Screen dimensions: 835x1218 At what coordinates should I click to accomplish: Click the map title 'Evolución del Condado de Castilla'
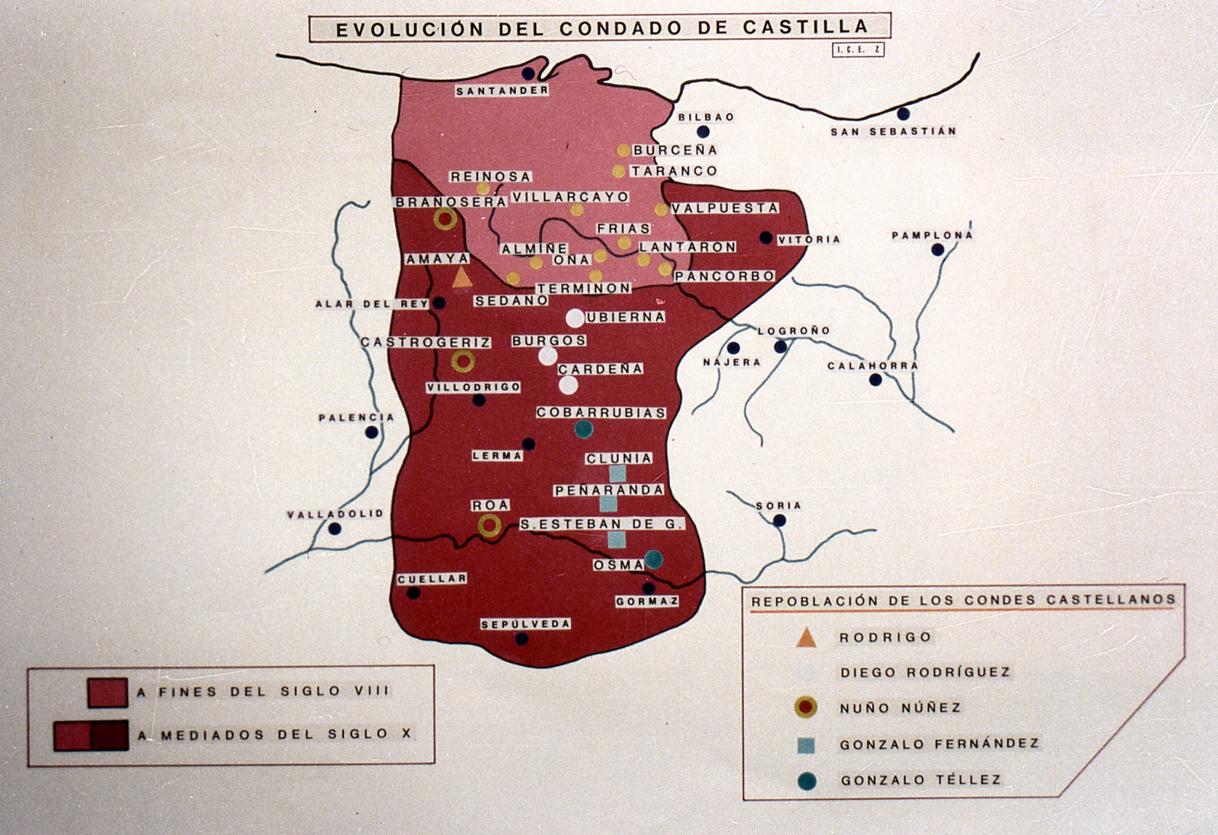(x=600, y=28)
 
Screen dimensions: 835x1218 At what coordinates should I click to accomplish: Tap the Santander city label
(x=502, y=91)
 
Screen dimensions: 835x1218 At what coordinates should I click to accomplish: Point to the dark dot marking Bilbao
(x=703, y=132)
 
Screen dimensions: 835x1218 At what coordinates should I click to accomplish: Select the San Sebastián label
(x=893, y=132)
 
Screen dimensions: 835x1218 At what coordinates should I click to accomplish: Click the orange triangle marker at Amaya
(x=461, y=278)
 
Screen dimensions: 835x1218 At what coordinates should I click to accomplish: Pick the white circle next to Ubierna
(x=575, y=317)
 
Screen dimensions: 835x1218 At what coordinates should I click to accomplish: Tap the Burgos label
(x=549, y=340)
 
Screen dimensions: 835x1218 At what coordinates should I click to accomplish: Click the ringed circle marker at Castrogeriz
(x=462, y=361)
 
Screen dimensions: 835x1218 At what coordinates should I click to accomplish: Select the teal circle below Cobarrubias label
(x=583, y=429)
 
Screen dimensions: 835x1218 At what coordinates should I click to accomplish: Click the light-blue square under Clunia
(x=617, y=473)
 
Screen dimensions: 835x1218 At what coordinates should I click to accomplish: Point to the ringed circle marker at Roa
(x=489, y=525)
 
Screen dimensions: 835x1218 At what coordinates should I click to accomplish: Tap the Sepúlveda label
(x=525, y=624)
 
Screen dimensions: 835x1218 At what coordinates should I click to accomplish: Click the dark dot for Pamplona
(x=938, y=250)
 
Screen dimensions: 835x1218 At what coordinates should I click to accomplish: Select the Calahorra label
(x=872, y=366)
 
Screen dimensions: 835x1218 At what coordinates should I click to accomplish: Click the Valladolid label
(x=335, y=515)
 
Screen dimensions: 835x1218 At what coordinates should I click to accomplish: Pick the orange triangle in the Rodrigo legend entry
(x=806, y=638)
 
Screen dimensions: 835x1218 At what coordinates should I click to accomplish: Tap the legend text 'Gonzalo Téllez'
(x=920, y=780)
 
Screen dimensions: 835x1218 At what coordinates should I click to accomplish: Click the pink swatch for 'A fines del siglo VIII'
(x=107, y=693)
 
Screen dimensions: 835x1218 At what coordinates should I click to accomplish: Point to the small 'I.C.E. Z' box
(x=858, y=49)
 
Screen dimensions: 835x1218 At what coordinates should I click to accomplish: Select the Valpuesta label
(x=725, y=208)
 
